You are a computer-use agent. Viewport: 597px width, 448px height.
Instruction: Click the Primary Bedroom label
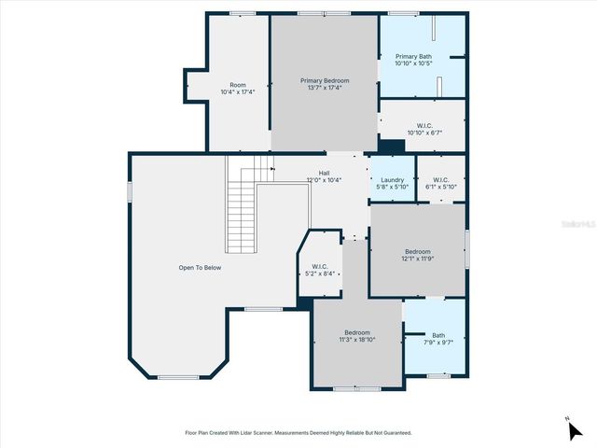point(324,81)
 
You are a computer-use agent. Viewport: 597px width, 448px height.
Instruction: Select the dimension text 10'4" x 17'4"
point(238,91)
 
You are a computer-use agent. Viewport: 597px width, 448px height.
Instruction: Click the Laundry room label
point(392,179)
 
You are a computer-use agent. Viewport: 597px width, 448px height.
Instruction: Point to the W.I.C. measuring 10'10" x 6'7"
point(423,125)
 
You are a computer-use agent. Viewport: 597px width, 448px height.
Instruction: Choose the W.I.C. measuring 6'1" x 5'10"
point(440,179)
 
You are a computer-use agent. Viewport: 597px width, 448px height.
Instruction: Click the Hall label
point(324,172)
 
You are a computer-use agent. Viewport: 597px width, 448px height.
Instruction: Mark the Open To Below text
point(200,268)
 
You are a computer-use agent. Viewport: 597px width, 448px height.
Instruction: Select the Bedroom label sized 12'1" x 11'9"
point(417,251)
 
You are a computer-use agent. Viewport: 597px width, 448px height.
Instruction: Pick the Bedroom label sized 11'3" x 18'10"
point(357,332)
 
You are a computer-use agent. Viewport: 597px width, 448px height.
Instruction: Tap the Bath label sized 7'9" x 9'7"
point(437,335)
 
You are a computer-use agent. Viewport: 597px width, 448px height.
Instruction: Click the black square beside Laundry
point(392,147)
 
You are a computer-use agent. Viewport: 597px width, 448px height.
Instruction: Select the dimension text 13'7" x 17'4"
point(324,89)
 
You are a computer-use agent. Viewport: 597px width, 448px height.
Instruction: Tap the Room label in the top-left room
point(238,84)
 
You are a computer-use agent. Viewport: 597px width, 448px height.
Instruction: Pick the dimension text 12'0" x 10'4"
point(324,179)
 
